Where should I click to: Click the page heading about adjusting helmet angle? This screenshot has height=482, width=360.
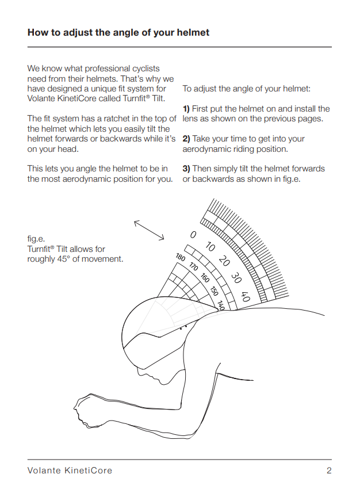coord(118,32)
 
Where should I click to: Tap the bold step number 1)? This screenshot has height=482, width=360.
coord(186,109)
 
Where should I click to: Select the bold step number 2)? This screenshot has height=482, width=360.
coord(186,139)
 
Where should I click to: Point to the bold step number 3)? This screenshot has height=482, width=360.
coord(186,169)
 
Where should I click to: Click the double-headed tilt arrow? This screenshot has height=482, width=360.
coord(149,230)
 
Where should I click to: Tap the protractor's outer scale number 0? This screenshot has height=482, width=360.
coord(193,235)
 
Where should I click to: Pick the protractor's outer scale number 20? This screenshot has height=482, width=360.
coord(224,261)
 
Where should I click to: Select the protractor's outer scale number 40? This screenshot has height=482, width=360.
coord(246,297)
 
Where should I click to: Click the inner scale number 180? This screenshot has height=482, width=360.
coord(181,257)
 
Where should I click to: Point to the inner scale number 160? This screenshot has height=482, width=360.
coord(205,278)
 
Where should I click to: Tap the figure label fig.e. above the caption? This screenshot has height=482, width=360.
coord(36,239)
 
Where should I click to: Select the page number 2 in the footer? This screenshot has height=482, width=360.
coord(329,470)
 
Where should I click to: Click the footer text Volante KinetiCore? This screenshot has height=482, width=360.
coord(70,470)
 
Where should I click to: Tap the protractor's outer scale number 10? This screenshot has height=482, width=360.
coord(210,247)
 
